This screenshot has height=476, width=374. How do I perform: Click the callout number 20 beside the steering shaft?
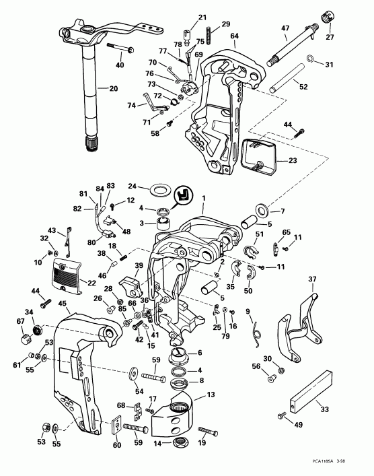(113, 88)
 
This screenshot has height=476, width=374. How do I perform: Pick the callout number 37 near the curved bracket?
(312, 279)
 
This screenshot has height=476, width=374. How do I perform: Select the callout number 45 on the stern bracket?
(63, 304)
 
